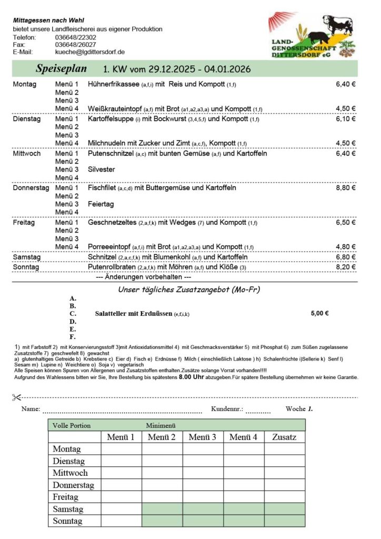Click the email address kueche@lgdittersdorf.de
click(89, 52)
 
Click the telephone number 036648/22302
click(75, 37)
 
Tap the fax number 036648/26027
click(75, 45)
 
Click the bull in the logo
click(337, 26)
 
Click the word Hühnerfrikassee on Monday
click(114, 84)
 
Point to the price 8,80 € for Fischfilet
click(346, 188)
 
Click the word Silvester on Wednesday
click(101, 169)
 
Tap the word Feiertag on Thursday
click(101, 204)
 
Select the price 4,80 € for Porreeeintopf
click(346, 246)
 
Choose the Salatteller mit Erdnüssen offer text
click(134, 313)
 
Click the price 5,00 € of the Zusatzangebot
click(320, 313)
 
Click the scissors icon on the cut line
click(16, 397)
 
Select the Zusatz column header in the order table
click(284, 437)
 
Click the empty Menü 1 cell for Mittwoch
click(121, 473)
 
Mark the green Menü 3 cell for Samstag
click(203, 509)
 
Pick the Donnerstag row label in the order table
click(73, 485)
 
